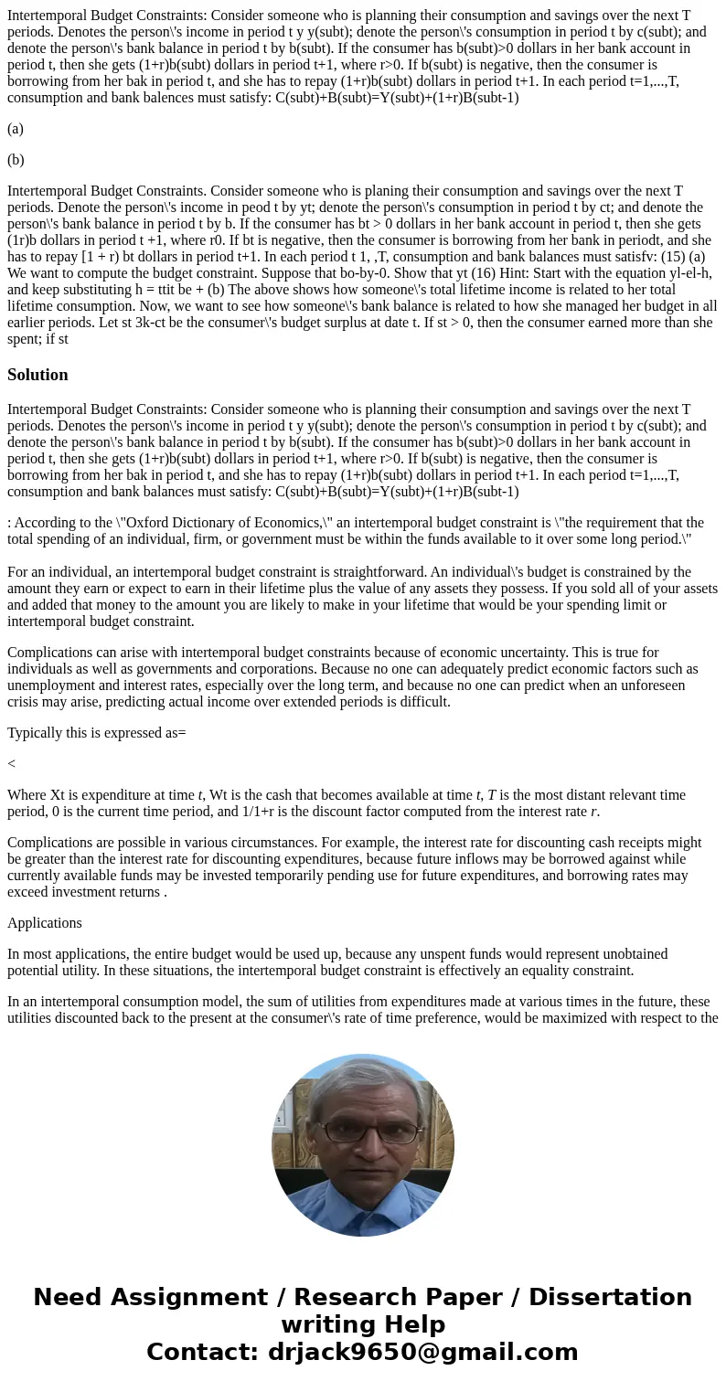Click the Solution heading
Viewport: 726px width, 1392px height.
(37, 375)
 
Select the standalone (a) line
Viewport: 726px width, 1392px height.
(16, 129)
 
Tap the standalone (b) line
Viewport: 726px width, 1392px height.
(16, 160)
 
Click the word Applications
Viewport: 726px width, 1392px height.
(44, 923)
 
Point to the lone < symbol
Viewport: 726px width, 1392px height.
(11, 764)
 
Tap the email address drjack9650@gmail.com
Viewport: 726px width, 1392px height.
(422, 1353)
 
